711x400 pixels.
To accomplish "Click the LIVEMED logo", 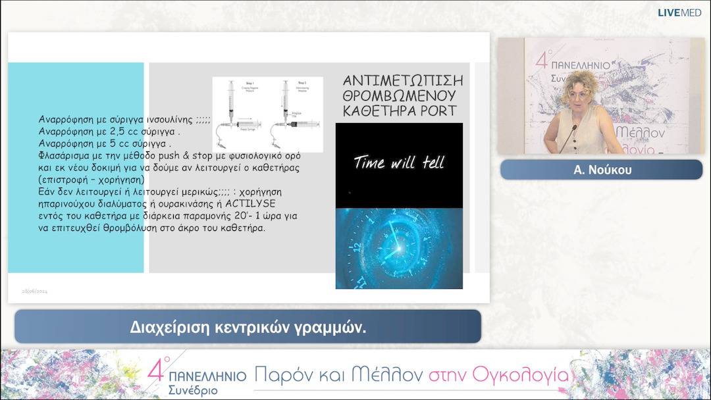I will (x=679, y=12).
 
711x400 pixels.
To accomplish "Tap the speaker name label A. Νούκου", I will (x=601, y=170).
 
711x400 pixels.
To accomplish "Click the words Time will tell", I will (x=399, y=162).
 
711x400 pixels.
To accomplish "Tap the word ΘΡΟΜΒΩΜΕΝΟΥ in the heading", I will (x=403, y=95).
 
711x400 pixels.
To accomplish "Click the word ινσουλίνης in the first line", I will (x=167, y=120).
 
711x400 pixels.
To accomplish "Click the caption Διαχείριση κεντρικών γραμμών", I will (x=248, y=327).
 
